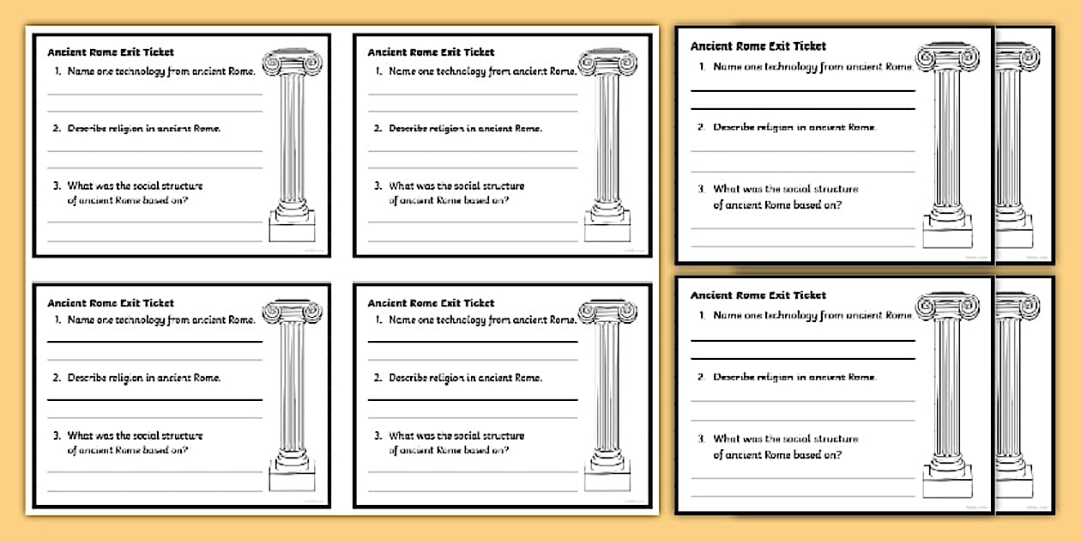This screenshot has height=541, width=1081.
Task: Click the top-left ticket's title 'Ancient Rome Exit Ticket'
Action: pyautogui.click(x=111, y=52)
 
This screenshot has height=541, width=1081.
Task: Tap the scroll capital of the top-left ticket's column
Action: pyautogui.click(x=292, y=64)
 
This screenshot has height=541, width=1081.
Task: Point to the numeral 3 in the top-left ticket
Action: pyautogui.click(x=56, y=185)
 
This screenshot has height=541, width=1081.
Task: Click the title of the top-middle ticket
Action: pyautogui.click(x=431, y=52)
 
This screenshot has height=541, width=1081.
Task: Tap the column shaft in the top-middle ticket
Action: pyautogui.click(x=607, y=137)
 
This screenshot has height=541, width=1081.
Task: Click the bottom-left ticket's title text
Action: pyautogui.click(x=111, y=303)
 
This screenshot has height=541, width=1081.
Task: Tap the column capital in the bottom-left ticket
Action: pyautogui.click(x=292, y=313)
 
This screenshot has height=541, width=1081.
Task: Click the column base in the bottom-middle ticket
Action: pyautogui.click(x=607, y=477)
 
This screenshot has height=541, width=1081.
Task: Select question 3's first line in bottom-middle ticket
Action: pyautogui.click(x=456, y=435)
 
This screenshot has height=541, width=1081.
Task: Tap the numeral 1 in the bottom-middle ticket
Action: pyautogui.click(x=378, y=320)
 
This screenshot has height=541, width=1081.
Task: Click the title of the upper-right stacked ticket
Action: pyautogui.click(x=758, y=46)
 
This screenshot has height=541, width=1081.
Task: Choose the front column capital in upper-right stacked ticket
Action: pyautogui.click(x=947, y=58)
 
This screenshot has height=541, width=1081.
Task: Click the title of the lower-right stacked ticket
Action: pyautogui.click(x=758, y=295)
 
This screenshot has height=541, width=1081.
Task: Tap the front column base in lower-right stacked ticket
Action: pyautogui.click(x=947, y=483)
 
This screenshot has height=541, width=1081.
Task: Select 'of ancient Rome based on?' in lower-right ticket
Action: pyautogui.click(x=777, y=455)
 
